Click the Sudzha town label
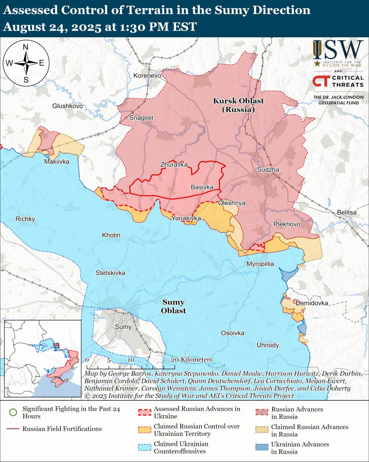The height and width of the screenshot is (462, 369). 268,170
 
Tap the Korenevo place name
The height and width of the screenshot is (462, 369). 147,75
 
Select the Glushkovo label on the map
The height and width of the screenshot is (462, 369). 67,106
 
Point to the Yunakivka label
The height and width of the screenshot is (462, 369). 186,218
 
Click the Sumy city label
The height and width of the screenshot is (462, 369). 123,327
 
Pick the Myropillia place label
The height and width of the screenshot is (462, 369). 260,264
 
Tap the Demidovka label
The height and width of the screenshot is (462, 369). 312,303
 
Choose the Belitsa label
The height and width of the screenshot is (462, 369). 347,212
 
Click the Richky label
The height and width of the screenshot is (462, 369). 25,219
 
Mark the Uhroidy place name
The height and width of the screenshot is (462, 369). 268,345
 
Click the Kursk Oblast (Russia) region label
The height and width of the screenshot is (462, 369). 238,105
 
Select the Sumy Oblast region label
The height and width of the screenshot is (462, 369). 173,306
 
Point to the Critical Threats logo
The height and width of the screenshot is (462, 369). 338,81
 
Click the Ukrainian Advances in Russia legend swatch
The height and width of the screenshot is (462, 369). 262,448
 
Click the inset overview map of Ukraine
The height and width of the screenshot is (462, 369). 43,358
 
